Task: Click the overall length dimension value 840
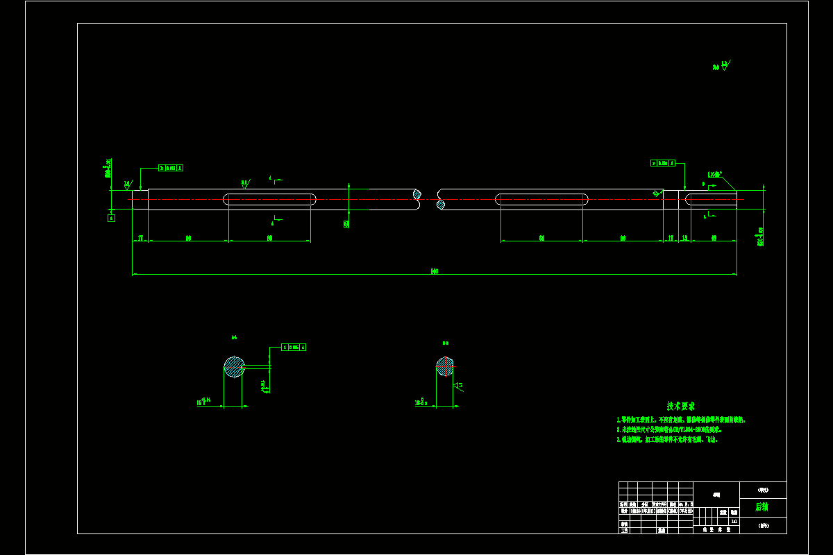tap(435, 271)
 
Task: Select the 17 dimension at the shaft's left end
tap(140, 238)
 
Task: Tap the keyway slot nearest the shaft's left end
tap(270, 200)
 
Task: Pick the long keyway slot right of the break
tap(541, 200)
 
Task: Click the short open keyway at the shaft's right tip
tap(711, 200)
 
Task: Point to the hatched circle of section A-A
tap(234, 367)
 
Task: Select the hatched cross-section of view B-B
tap(445, 366)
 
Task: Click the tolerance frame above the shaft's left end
tap(171, 168)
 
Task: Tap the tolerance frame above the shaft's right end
tap(663, 163)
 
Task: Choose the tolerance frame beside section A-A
tap(294, 347)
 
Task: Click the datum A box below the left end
tap(111, 218)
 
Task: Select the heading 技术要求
tap(680, 406)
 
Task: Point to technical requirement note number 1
tap(681, 420)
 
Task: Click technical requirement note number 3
tap(667, 439)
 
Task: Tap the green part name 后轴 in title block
tap(762, 507)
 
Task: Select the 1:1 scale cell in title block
tap(734, 520)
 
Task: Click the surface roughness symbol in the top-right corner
tap(723, 67)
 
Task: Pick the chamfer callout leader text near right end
tap(714, 174)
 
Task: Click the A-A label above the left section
tap(234, 338)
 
